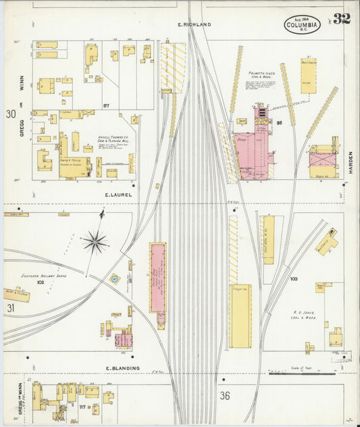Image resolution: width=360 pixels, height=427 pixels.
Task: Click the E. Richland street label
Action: point(195,24)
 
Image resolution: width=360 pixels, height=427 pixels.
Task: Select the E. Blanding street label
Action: point(122,368)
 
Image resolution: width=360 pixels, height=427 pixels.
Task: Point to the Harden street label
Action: point(351,161)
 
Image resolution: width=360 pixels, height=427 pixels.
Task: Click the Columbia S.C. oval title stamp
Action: point(302,26)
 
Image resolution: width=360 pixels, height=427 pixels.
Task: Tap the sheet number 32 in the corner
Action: point(341,18)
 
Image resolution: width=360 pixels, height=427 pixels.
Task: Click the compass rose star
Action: point(95,240)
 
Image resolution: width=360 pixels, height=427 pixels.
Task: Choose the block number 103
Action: point(294,278)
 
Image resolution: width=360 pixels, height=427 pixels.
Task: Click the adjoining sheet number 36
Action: point(225,395)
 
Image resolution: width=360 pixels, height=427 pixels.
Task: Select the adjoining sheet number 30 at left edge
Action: point(10,114)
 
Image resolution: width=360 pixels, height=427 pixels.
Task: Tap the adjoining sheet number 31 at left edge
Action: point(10,308)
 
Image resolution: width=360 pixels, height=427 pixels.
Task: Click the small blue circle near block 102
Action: point(115,278)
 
